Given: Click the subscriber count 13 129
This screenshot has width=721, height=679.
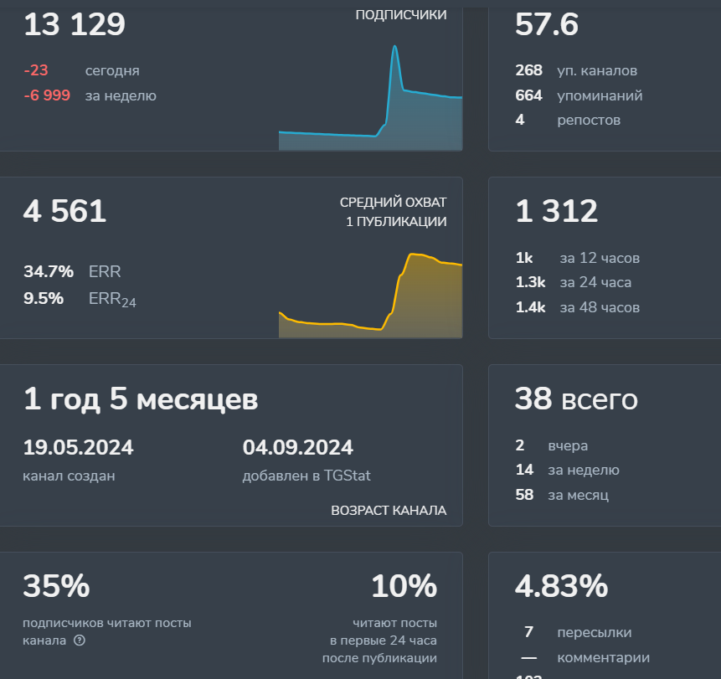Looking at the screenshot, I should coord(75,24).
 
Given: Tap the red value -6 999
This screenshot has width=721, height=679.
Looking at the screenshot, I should coord(47,95).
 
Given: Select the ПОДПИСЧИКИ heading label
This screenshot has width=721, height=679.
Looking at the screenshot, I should coord(401,14).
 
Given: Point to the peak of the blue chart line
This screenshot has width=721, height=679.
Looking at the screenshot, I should coord(394,46).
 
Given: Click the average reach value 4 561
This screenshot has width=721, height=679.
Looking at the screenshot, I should coord(64,211).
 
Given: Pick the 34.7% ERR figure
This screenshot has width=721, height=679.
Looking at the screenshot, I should coord(49,271).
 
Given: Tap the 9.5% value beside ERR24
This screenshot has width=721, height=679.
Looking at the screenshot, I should coord(44,297).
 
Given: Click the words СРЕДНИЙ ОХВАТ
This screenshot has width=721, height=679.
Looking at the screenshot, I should coord(393,203).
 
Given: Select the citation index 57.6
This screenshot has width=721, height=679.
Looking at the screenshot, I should coord(546,24).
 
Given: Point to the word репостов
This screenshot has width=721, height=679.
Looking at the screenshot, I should coord(589,120).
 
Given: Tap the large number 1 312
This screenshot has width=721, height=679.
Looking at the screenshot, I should coord(556,211).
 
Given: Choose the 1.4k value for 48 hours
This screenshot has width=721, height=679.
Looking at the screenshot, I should coord(530,307).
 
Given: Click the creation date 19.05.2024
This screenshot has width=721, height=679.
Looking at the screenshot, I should coord(78,447).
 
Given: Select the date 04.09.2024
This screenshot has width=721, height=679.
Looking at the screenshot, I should coord(297,447).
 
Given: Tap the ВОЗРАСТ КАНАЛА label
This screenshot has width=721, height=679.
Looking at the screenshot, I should coord(389,510).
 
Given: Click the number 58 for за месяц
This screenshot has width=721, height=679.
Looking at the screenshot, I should coord(524,495).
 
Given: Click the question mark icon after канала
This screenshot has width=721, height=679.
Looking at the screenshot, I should coord(80,640).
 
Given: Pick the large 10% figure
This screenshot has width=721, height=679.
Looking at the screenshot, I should coord(404,586).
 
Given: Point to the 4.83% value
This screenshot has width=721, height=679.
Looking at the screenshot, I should coord(561,586).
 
